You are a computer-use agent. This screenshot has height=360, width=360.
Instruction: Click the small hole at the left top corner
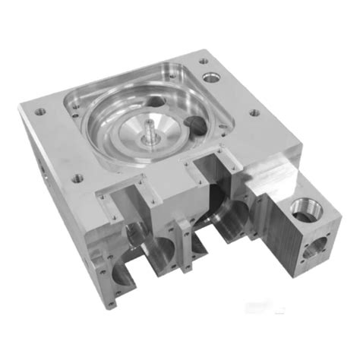(x=40, y=112)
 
